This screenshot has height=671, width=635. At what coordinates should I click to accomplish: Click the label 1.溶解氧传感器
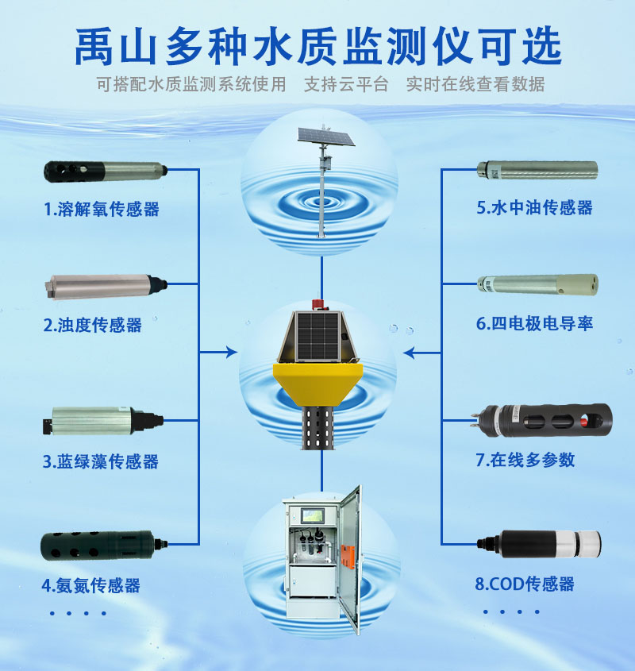click(x=102, y=210)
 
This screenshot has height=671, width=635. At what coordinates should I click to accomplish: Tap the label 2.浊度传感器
click(x=92, y=326)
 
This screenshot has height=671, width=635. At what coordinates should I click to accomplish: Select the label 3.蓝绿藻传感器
click(x=101, y=461)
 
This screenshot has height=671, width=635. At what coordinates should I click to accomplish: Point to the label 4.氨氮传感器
click(x=90, y=585)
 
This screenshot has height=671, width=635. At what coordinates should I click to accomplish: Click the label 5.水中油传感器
click(x=534, y=207)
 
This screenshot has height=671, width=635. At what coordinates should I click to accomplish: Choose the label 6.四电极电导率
click(x=534, y=323)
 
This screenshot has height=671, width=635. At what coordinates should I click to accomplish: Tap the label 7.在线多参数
click(x=525, y=460)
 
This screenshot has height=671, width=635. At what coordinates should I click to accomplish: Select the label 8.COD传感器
click(x=525, y=584)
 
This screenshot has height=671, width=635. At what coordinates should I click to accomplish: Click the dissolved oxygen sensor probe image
click(x=106, y=172)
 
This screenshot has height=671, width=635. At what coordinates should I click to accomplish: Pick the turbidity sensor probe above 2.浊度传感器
click(x=106, y=286)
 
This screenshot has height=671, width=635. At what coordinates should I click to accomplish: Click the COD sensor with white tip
click(x=539, y=543)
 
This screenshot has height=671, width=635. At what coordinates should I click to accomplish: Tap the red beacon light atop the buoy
click(x=317, y=305)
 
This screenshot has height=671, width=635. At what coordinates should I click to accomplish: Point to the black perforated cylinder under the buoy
click(x=318, y=427)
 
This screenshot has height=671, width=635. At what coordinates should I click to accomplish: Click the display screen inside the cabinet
click(x=312, y=516)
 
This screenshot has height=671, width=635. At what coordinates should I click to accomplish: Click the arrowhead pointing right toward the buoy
click(x=232, y=353)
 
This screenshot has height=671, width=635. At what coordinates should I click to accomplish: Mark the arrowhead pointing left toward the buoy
click(x=409, y=353)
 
